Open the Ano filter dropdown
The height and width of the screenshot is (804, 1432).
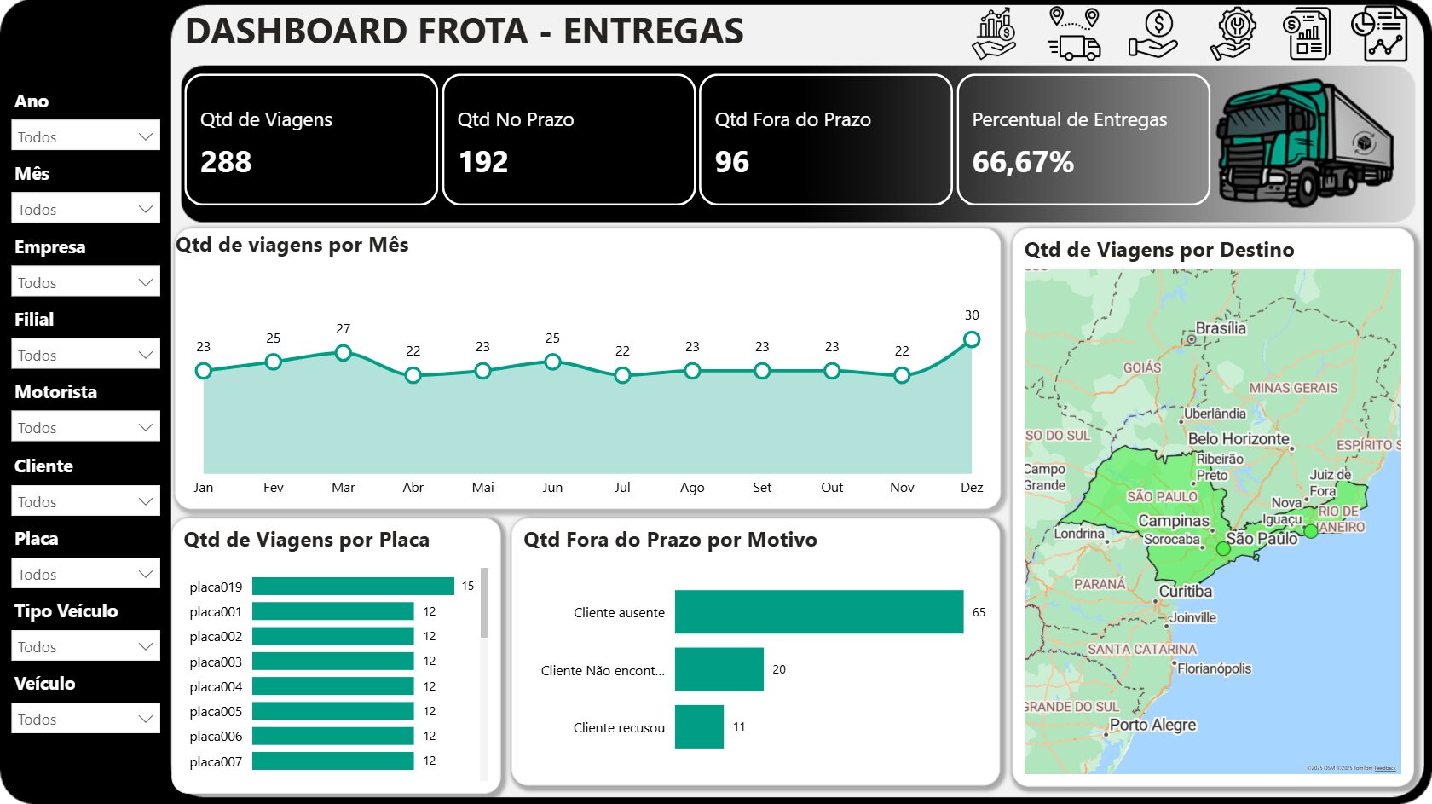85,136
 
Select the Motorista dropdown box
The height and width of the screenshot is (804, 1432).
85,427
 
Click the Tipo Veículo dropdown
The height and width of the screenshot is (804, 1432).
85,646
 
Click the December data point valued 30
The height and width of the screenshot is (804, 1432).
971,339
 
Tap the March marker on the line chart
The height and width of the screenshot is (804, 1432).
343,352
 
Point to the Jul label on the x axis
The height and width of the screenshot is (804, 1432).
622,488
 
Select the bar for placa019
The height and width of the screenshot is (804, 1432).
353,587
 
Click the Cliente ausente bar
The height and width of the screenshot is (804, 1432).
818,612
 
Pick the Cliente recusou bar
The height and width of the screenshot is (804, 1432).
699,727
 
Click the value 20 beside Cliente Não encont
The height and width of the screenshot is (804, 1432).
779,670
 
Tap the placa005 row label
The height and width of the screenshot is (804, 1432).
216,712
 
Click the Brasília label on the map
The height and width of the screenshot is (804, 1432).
1221,328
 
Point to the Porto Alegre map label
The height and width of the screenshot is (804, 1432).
1152,725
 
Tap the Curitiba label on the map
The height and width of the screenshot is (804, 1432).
1185,592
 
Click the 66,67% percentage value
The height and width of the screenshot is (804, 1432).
1023,162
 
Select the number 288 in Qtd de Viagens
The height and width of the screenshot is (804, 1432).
226,162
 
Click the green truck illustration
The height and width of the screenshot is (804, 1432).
1304,143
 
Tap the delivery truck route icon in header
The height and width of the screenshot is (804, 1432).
1074,34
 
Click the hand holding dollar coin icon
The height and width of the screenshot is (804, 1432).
1153,34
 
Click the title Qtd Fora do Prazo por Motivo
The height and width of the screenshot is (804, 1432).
670,540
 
